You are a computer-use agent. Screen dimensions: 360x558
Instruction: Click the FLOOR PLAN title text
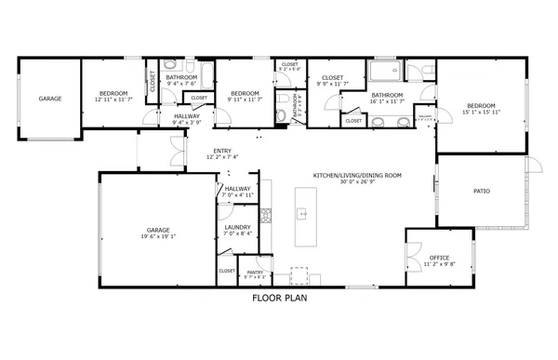click(x=280, y=300)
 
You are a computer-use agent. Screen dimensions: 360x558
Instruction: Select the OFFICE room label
click(x=439, y=257)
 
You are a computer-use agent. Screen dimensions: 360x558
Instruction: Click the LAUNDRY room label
click(x=237, y=227)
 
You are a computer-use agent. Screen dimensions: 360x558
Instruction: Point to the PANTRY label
click(x=255, y=272)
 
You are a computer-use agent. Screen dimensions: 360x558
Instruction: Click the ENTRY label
click(x=222, y=151)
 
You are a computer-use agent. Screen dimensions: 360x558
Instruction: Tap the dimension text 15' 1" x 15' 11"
click(x=484, y=112)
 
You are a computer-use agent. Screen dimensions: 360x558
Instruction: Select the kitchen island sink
click(x=302, y=213)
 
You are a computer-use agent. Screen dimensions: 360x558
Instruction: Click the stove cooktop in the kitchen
click(x=266, y=217)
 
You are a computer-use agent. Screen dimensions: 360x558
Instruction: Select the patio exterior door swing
click(x=532, y=168)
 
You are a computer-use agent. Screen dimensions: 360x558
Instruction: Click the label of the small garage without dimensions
click(x=49, y=98)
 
